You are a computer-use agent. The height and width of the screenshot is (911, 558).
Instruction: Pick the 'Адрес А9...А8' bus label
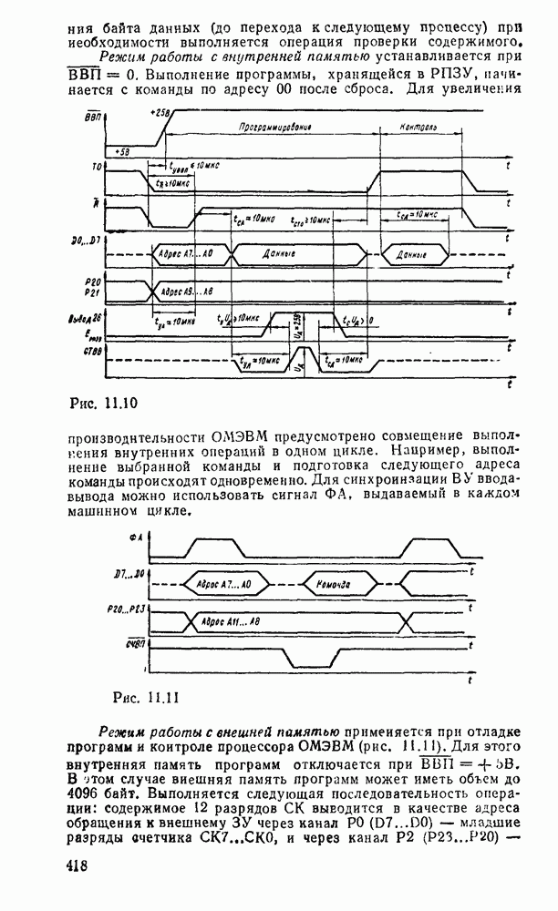(185, 292)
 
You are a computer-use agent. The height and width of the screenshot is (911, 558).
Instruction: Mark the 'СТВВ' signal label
(92, 350)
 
